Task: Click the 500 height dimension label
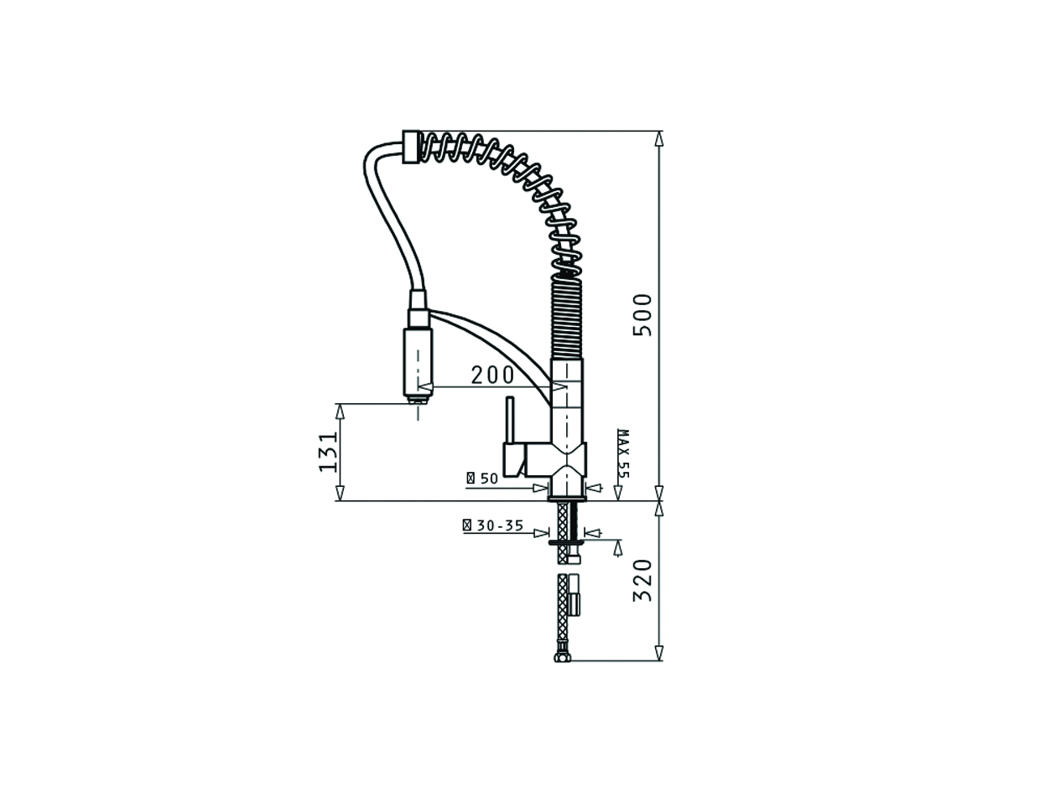642,314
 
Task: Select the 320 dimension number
642,580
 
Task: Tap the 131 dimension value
329,451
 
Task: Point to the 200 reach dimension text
492,375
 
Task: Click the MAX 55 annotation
622,453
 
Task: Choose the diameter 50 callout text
482,479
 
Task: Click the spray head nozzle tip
418,401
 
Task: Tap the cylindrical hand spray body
418,361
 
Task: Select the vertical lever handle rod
509,419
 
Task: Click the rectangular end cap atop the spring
410,147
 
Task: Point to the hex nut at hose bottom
563,657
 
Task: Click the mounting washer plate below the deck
568,542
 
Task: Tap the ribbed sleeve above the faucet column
567,318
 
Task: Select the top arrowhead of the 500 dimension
659,138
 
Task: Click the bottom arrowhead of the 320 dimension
659,653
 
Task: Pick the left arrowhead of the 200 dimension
425,386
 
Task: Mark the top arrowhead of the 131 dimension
340,412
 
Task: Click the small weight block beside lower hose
574,594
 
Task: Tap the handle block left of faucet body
514,458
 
